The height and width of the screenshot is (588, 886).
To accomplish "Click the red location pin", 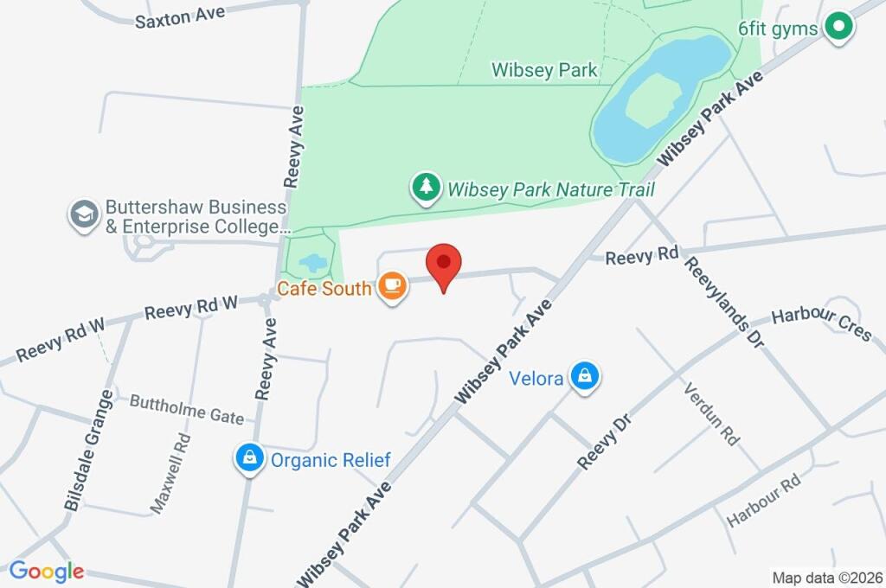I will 444,263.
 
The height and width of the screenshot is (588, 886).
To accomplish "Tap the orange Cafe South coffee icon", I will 392,287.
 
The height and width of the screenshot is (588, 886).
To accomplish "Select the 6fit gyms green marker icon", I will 838,28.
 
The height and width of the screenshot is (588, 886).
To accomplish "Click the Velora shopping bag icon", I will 586,378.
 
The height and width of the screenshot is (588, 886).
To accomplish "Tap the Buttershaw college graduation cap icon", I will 84,215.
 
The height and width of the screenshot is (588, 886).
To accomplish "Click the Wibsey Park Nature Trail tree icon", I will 425,188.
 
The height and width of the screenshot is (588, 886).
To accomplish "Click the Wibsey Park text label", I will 544,70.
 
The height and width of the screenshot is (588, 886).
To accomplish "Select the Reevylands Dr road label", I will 724,302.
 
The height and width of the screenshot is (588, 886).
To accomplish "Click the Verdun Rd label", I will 712,414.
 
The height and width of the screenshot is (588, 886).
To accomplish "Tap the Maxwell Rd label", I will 170,474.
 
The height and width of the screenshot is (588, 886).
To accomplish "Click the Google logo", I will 47,571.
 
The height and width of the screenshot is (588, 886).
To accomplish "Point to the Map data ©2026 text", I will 825,577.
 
